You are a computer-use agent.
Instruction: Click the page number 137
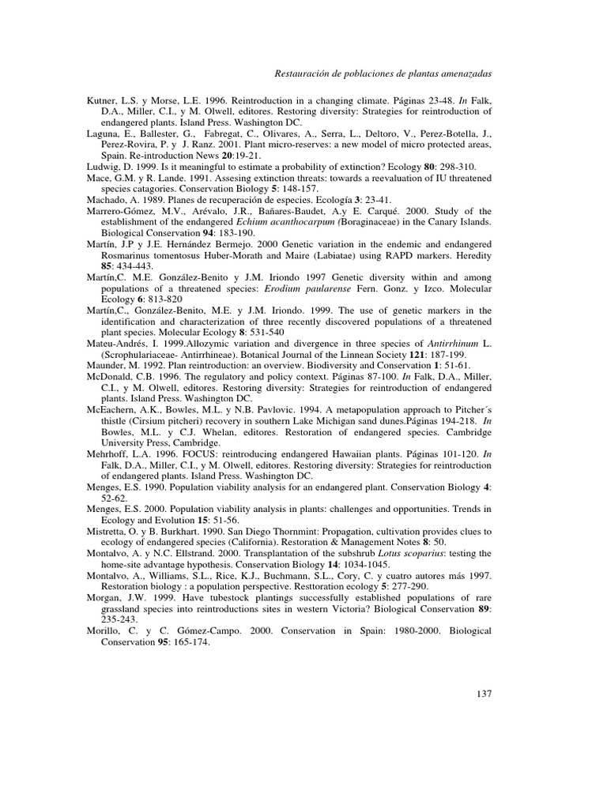point(484,694)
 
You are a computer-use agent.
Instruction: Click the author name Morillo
point(105,631)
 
